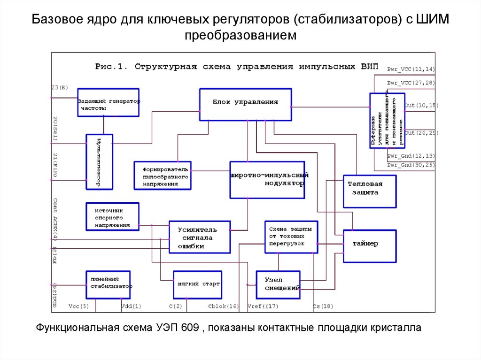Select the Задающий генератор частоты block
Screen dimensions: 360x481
coord(109,102)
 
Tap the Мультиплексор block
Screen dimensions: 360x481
coord(100,162)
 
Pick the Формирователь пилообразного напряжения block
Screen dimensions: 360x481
coord(163,176)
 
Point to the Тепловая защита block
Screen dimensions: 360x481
coord(369,191)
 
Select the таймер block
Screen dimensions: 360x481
coord(369,245)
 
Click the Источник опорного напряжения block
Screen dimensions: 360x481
coord(113,216)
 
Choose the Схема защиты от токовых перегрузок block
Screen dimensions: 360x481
coord(290,237)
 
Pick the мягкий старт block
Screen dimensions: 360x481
coord(197,284)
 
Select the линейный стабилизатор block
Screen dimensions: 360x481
coord(108,284)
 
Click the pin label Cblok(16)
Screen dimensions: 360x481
coord(223,306)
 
